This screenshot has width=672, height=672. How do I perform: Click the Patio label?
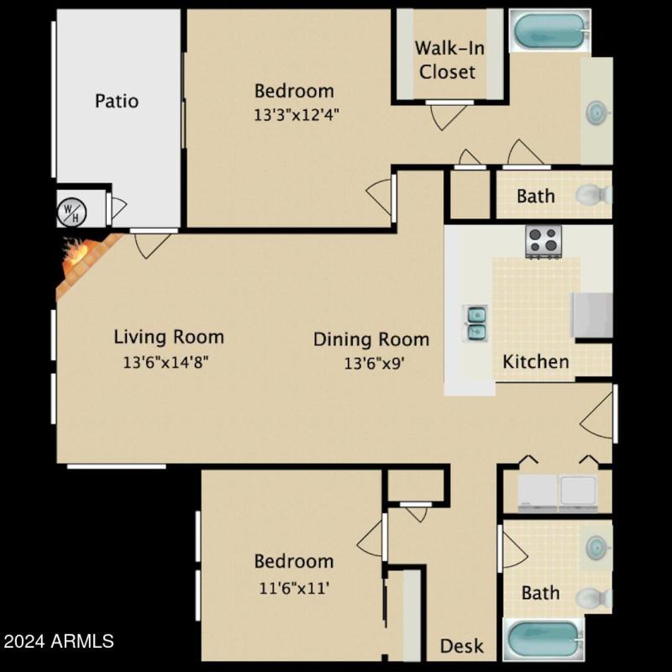click(117, 101)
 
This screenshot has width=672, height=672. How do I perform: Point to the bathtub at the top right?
click(549, 30)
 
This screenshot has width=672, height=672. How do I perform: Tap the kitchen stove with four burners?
click(543, 241)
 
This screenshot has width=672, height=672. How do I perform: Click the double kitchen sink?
click(475, 323)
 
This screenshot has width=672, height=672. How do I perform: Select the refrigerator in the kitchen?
click(593, 315)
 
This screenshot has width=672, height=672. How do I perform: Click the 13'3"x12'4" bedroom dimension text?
click(296, 115)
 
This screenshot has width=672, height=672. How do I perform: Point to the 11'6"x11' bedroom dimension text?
click(293, 587)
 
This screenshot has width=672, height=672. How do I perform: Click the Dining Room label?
click(371, 339)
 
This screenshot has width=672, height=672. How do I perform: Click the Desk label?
click(462, 646)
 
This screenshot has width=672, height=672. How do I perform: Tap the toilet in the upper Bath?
click(593, 195)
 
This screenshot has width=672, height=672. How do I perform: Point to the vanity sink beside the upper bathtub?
click(597, 111)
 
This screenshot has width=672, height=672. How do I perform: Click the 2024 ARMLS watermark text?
click(59, 642)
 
